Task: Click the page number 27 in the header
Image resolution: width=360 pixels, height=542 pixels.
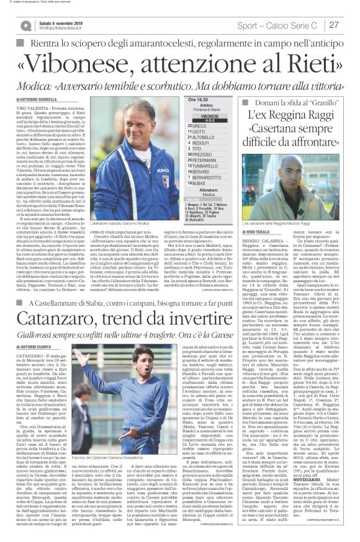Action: (333, 25)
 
